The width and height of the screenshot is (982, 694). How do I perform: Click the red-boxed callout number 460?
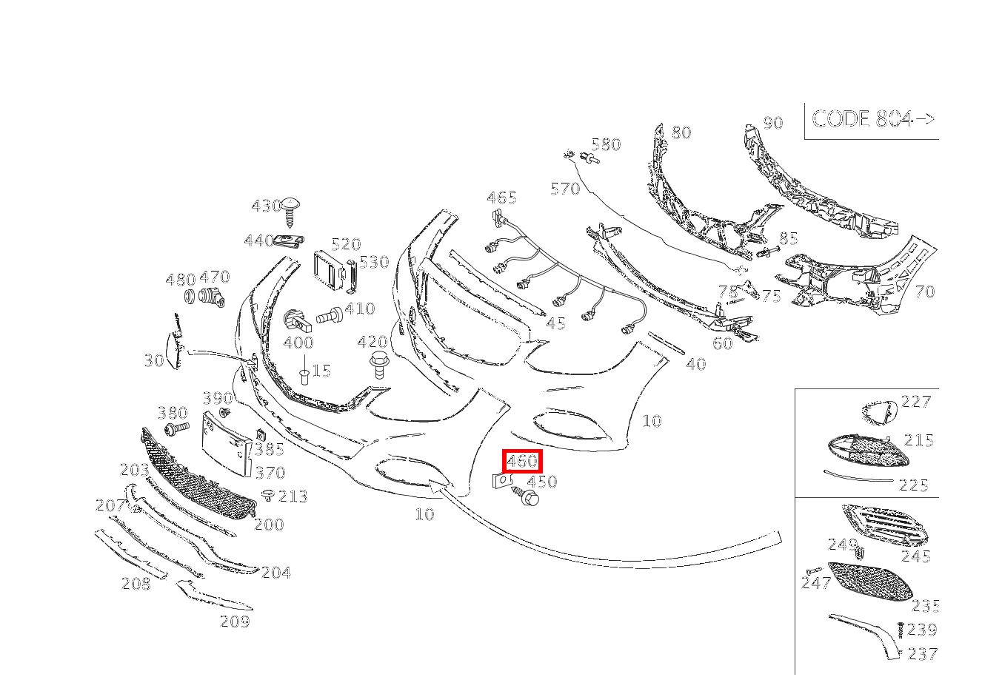coord(521,461)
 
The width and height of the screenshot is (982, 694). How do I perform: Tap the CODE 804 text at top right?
coord(873,118)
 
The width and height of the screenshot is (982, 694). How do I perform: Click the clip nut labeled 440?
coord(290,241)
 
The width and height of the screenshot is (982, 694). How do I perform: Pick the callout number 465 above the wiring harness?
coord(501,198)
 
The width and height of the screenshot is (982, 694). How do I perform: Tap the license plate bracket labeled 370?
coord(227,444)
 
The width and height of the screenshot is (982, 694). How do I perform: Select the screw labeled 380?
coord(177,428)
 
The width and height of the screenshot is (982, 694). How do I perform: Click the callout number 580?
coord(606,144)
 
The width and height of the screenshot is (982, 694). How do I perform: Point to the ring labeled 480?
coord(190,297)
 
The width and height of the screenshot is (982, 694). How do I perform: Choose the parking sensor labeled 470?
coord(211,297)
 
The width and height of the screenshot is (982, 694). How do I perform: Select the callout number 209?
coord(235,621)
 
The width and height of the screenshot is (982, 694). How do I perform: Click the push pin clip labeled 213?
coord(267,495)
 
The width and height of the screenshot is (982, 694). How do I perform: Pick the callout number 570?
coord(565,189)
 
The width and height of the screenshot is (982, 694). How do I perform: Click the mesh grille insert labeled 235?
coord(871,582)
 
